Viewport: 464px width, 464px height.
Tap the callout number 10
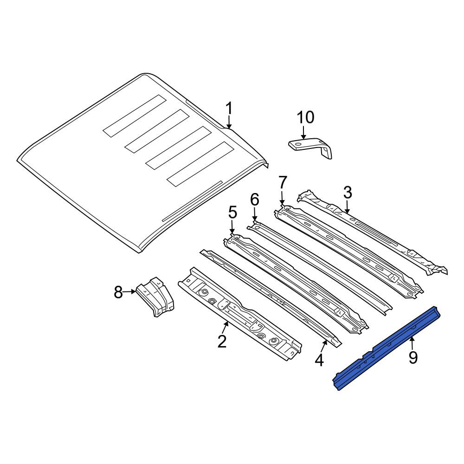click(305, 117)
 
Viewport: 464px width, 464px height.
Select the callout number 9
click(413, 357)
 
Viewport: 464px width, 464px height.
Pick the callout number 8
click(118, 293)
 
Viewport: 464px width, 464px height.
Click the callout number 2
click(222, 342)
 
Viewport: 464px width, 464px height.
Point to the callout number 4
click(319, 360)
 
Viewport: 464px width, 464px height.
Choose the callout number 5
click(232, 213)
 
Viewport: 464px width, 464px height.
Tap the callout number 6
click(254, 200)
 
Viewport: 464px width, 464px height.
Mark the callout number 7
click(283, 182)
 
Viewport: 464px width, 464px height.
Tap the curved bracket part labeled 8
click(155, 297)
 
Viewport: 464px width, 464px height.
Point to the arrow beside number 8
click(129, 292)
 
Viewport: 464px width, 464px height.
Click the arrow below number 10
click(303, 132)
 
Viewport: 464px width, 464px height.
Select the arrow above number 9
click(412, 343)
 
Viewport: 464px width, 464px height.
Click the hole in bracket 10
click(298, 144)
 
